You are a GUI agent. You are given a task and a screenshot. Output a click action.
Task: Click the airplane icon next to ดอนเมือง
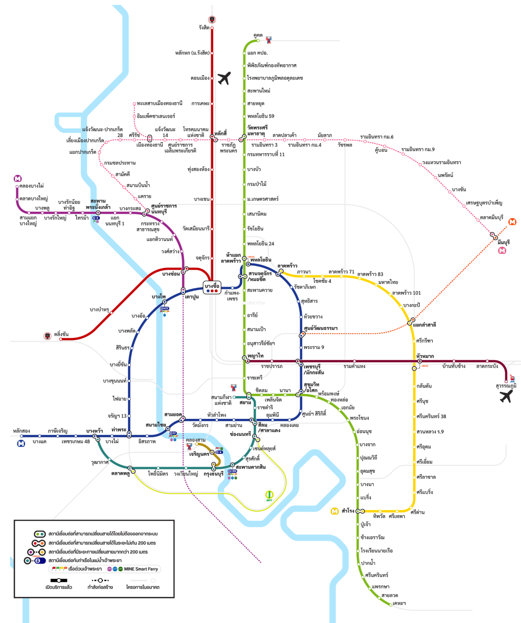[224, 78]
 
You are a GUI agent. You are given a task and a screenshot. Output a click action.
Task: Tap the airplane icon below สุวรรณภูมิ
[506, 397]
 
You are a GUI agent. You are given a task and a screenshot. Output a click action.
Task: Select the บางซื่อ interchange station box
[212, 288]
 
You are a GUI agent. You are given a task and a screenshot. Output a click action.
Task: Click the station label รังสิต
[204, 28]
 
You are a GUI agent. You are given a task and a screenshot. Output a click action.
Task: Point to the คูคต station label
[258, 35]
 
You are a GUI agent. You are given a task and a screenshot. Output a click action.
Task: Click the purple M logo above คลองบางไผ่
[18, 179]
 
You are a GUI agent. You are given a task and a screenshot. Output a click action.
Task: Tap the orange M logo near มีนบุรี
[512, 222]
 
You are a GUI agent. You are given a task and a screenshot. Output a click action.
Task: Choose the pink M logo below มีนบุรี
[502, 251]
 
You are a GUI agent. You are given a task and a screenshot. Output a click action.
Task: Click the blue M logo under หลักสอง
[21, 443]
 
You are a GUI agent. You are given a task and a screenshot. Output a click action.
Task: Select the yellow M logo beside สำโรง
[334, 511]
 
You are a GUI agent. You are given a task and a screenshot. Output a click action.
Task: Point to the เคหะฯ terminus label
[399, 603]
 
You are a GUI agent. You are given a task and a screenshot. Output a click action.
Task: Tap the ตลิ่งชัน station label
[61, 334]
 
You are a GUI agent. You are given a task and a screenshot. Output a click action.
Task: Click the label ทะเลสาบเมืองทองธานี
[159, 103]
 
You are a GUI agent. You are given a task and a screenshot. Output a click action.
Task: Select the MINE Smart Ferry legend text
[141, 569]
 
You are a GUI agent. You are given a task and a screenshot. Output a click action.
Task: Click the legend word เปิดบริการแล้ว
[59, 587]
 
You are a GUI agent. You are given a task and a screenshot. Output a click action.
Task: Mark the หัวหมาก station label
[425, 356]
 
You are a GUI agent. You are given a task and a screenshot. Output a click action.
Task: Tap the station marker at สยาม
[249, 396]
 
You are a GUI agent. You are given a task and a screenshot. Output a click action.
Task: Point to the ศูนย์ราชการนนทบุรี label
[164, 209]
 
